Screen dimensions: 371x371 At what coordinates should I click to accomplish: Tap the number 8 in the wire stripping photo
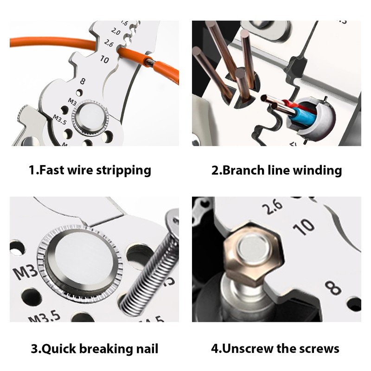83,82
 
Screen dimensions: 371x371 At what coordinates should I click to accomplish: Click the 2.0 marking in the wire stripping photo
116,32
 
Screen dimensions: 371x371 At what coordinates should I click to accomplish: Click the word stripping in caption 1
124,170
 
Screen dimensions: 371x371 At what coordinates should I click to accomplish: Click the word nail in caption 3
145,348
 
